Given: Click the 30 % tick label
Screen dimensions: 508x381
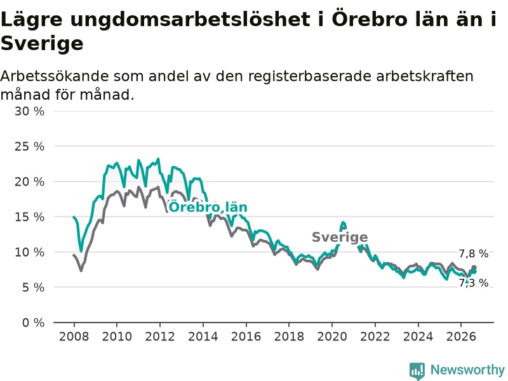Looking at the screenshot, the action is pyautogui.click(x=29, y=112).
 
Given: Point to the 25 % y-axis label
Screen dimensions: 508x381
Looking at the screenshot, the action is pyautogui.click(x=29, y=147).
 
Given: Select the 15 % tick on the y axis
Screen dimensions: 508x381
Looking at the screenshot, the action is pyautogui.click(x=29, y=217).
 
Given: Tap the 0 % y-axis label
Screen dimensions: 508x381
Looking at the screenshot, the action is pyautogui.click(x=34, y=323).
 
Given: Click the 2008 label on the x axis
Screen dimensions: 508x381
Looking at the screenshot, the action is pyautogui.click(x=74, y=337).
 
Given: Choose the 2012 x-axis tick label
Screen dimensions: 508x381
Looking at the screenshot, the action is pyautogui.click(x=160, y=337).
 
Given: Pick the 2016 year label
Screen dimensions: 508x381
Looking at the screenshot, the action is pyautogui.click(x=246, y=337).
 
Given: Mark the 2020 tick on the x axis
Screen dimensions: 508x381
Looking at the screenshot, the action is pyautogui.click(x=331, y=337).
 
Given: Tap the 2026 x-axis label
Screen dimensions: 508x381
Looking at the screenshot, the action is pyautogui.click(x=461, y=337).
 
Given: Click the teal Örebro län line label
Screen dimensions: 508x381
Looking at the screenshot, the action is pyautogui.click(x=208, y=207).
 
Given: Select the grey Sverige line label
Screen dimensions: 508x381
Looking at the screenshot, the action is pyautogui.click(x=340, y=237).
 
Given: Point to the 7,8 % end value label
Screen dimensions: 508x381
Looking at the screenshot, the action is pyautogui.click(x=473, y=253).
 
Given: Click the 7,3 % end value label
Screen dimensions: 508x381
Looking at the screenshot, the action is pyautogui.click(x=473, y=283).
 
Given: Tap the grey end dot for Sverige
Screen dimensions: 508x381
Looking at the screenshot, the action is pyautogui.click(x=474, y=267).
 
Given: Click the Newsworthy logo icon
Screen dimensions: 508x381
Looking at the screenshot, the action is pyautogui.click(x=417, y=371).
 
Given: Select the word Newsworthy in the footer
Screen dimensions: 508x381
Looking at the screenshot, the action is pyautogui.click(x=467, y=370).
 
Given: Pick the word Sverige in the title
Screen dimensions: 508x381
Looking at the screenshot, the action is pyautogui.click(x=42, y=43).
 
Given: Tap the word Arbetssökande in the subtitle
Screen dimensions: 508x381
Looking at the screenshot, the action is pyautogui.click(x=55, y=76).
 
